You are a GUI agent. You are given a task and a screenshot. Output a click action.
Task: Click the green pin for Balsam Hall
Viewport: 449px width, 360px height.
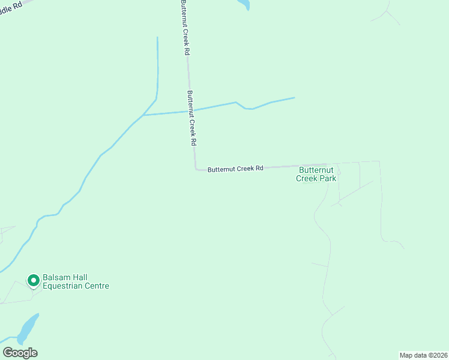coord(33,280)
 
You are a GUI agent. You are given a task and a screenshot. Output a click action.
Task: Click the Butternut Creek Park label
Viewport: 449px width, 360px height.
coord(318,174)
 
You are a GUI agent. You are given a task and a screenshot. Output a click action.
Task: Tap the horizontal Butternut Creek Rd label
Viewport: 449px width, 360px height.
coord(235,169)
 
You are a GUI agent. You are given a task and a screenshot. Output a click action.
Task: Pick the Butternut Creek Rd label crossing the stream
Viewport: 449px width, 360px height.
coord(191,118)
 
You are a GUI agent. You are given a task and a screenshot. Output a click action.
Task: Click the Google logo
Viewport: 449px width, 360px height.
coord(20,353)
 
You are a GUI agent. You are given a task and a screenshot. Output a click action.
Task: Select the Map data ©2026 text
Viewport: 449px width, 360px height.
coord(423,355)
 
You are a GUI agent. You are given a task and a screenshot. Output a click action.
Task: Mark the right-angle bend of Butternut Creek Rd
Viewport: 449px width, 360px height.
coord(196,169)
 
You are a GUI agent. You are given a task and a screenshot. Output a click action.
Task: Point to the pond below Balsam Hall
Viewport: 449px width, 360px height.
coord(28,327)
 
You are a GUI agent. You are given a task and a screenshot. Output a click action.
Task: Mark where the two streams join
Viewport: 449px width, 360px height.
coord(143,115)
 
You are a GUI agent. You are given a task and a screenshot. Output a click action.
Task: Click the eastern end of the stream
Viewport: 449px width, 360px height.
coord(294,97)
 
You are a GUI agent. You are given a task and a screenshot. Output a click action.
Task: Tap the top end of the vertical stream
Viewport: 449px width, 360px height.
coord(157,38)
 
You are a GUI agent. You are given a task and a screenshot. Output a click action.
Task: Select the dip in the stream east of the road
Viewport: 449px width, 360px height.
coord(248,109)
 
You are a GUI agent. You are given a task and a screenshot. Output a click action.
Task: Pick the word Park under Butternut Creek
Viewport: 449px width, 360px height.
coord(328,178)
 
